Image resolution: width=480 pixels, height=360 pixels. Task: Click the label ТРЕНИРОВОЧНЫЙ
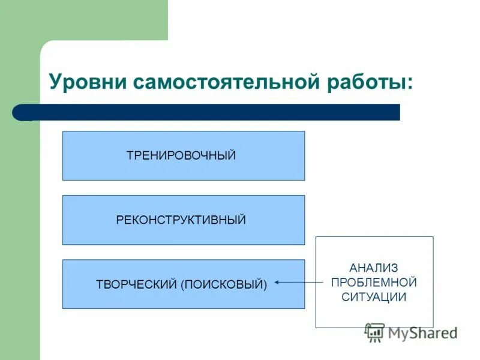181,156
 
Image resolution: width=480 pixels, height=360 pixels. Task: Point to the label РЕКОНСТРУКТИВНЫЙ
181,220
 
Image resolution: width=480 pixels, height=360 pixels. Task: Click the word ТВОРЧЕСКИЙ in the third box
136,284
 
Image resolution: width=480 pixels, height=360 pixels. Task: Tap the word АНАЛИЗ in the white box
374,268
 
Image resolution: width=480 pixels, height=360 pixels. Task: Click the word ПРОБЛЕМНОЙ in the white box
374,282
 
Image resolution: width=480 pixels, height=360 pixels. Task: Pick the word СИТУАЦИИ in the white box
374,296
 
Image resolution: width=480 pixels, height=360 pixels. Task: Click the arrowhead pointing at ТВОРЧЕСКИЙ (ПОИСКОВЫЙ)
277,282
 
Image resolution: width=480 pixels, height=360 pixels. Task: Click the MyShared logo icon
375,332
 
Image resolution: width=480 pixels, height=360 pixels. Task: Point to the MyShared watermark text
422,332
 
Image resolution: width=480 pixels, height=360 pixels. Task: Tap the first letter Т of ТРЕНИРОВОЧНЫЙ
130,156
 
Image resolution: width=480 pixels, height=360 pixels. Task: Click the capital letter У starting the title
55,82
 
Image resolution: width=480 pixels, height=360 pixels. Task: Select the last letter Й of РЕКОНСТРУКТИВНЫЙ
242,220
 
